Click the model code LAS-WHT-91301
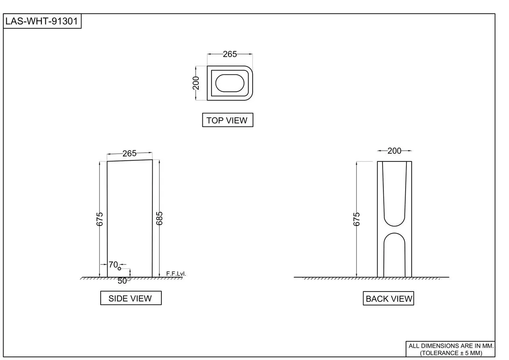coord(42,21)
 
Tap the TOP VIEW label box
coord(228,120)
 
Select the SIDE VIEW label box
coord(131,298)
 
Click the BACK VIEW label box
coord(389,298)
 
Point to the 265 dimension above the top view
coord(230,54)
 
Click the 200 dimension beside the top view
coord(196,83)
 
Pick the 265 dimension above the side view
coord(130,154)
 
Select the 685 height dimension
coord(159,218)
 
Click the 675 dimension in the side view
coord(99,219)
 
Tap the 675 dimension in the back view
coord(357,219)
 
